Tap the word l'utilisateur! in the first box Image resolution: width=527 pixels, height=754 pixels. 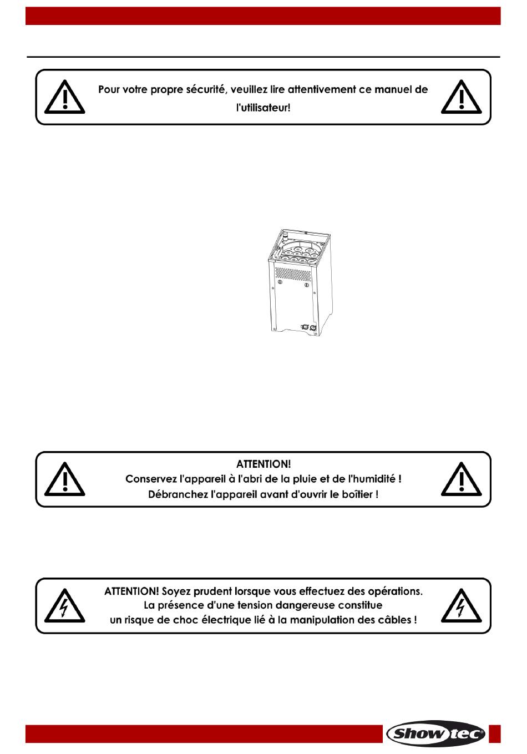pyautogui.click(x=263, y=108)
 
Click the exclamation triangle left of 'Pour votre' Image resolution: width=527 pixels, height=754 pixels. pyautogui.click(x=64, y=97)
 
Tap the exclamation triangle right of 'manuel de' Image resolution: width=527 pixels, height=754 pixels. pyautogui.click(x=461, y=97)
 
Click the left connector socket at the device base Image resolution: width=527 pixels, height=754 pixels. pyautogui.click(x=303, y=326)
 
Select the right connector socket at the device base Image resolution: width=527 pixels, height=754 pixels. pyautogui.click(x=313, y=326)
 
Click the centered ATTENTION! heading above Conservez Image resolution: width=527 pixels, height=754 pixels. pyautogui.click(x=263, y=464)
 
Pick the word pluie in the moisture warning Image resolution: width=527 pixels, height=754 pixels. pyautogui.click(x=298, y=479)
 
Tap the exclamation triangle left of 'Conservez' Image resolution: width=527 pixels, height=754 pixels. pyautogui.click(x=64, y=479)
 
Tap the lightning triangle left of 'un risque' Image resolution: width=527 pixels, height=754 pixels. pyautogui.click(x=64, y=606)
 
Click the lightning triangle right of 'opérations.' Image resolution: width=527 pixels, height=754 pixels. pyautogui.click(x=461, y=606)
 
